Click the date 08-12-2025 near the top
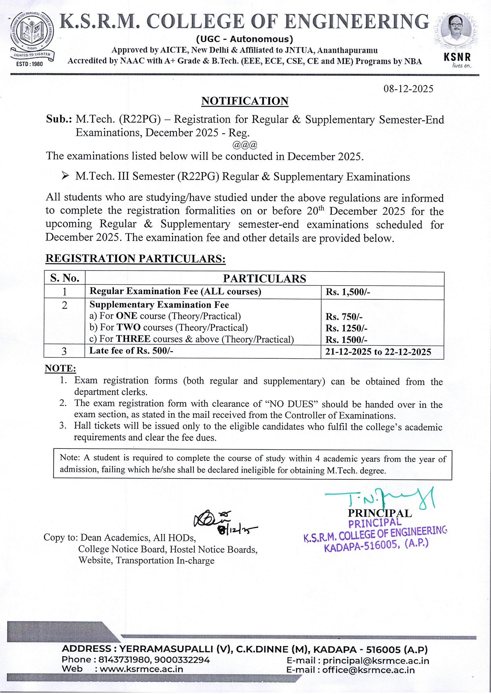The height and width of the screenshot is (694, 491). click(x=408, y=89)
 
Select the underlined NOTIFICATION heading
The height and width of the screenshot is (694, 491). click(x=245, y=101)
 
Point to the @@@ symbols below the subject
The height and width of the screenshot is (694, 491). click(x=245, y=144)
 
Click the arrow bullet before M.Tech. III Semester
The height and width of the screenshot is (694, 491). click(x=65, y=176)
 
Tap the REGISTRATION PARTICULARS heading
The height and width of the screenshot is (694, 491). click(x=135, y=259)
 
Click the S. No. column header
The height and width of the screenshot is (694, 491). click(x=65, y=278)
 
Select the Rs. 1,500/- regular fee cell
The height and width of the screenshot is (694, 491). click(x=348, y=292)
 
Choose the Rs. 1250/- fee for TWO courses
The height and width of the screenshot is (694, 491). click(x=346, y=328)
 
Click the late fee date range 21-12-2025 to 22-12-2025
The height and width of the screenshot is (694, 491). click(x=378, y=352)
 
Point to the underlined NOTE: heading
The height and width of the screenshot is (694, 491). click(x=60, y=368)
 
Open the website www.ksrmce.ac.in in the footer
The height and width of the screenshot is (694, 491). click(x=141, y=669)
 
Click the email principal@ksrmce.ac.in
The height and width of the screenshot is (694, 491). click(x=376, y=661)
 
